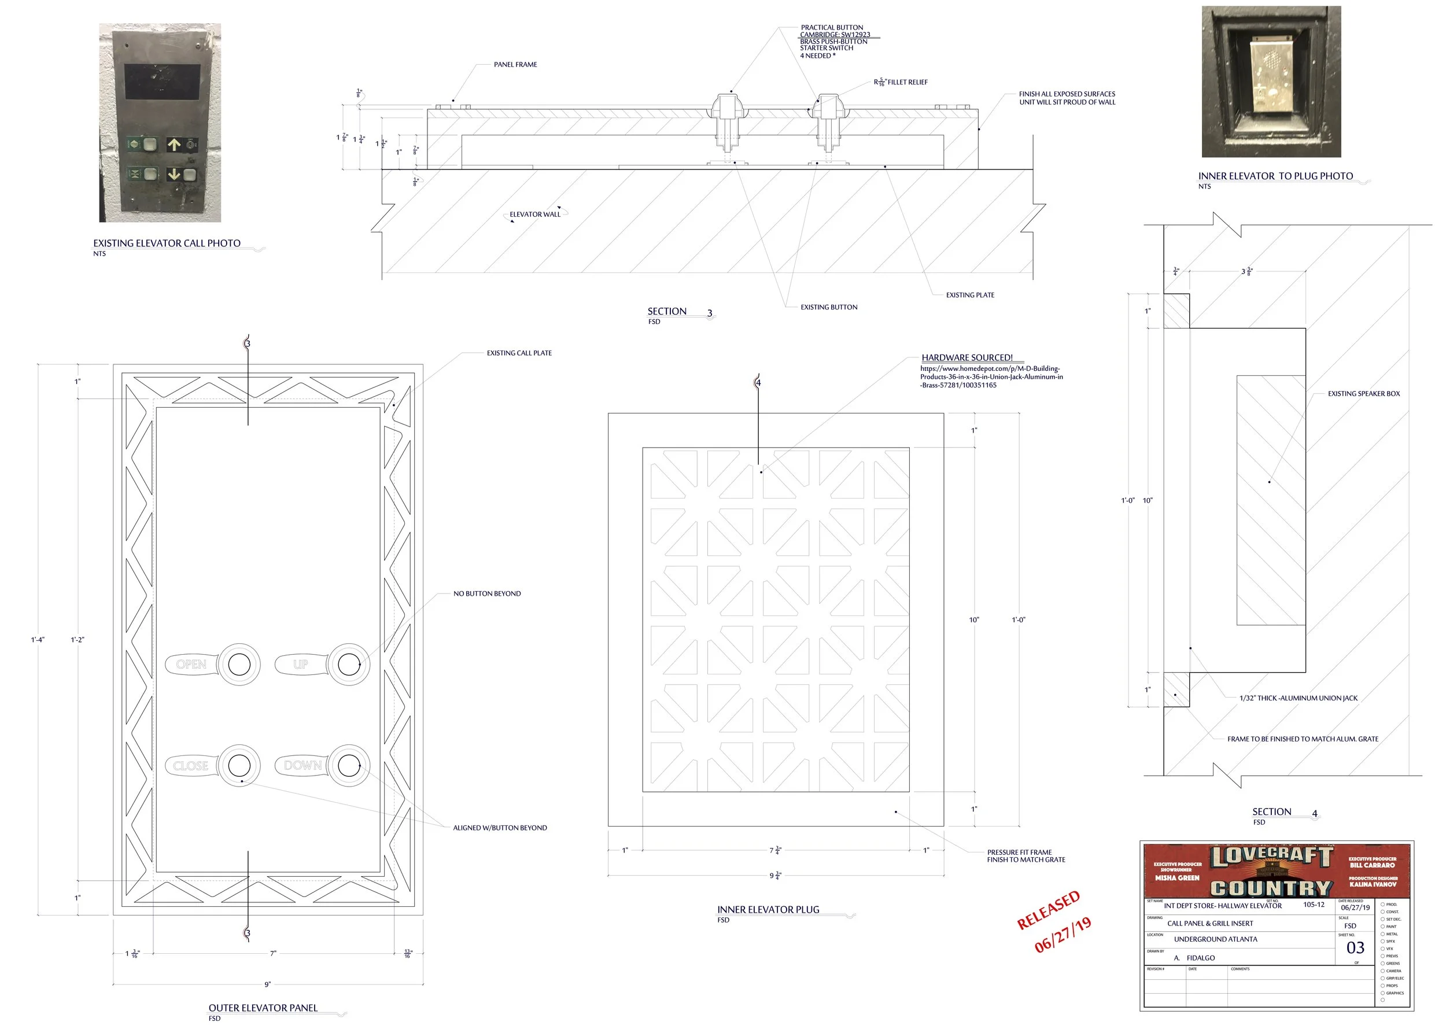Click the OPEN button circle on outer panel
pos(239,664)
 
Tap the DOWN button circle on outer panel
pos(349,765)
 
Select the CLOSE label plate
pos(191,765)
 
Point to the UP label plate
pos(300,664)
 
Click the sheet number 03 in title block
pos(1355,948)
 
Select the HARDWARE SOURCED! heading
pos(967,357)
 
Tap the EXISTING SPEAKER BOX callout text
pos(1363,394)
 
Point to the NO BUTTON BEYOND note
pos(486,593)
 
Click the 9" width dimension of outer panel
pos(268,984)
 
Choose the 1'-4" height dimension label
pos(38,640)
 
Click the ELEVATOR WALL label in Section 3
pos(535,215)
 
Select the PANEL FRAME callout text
pos(515,64)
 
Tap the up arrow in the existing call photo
pos(174,145)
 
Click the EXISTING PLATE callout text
pos(969,295)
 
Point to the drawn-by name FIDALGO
pos(1200,958)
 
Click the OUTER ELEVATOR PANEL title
pos(263,1008)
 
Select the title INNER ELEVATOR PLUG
pos(768,910)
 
